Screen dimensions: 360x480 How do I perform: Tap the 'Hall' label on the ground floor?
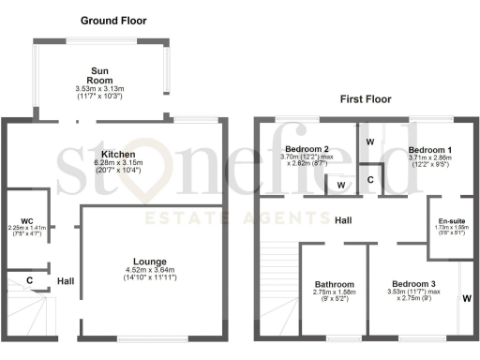[66, 280]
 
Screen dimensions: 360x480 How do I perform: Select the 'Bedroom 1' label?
[429, 150]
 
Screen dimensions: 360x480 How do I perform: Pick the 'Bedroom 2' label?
[306, 150]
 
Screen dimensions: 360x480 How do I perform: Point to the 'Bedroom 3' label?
[412, 284]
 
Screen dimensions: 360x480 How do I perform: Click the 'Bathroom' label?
[334, 285]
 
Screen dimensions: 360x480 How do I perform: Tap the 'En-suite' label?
[452, 221]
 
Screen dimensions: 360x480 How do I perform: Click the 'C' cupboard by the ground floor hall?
[31, 280]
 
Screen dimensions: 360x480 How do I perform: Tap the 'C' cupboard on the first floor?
[370, 179]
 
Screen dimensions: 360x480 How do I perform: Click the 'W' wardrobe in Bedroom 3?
[466, 300]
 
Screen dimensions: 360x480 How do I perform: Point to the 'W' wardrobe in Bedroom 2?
[339, 186]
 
